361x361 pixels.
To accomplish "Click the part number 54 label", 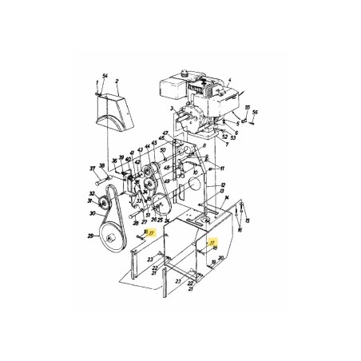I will pos(104,74).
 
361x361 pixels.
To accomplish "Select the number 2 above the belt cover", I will pos(117,80).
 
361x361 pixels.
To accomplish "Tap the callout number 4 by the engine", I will pos(230,80).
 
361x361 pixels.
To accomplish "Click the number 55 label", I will pos(248,106).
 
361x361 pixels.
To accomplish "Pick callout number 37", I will pos(92,169).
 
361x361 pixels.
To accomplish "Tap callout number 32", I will pos(93,194).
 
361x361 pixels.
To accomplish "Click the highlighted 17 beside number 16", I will pos(151,234).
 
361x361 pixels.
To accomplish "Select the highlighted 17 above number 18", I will pos(212,240).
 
